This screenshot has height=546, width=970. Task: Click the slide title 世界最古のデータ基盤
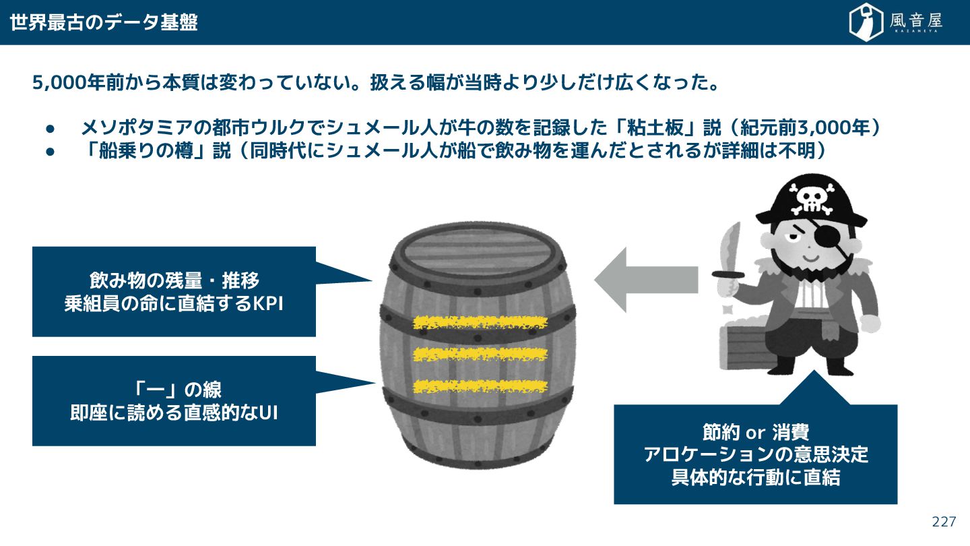[104, 22]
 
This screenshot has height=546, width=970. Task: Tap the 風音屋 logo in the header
[895, 22]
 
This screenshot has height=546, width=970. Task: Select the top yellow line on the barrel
[480, 322]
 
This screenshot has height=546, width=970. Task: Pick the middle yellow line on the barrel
[480, 353]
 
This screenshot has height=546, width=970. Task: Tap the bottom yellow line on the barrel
[480, 386]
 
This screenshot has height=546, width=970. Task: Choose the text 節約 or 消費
[755, 432]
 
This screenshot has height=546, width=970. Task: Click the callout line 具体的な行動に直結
[755, 478]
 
